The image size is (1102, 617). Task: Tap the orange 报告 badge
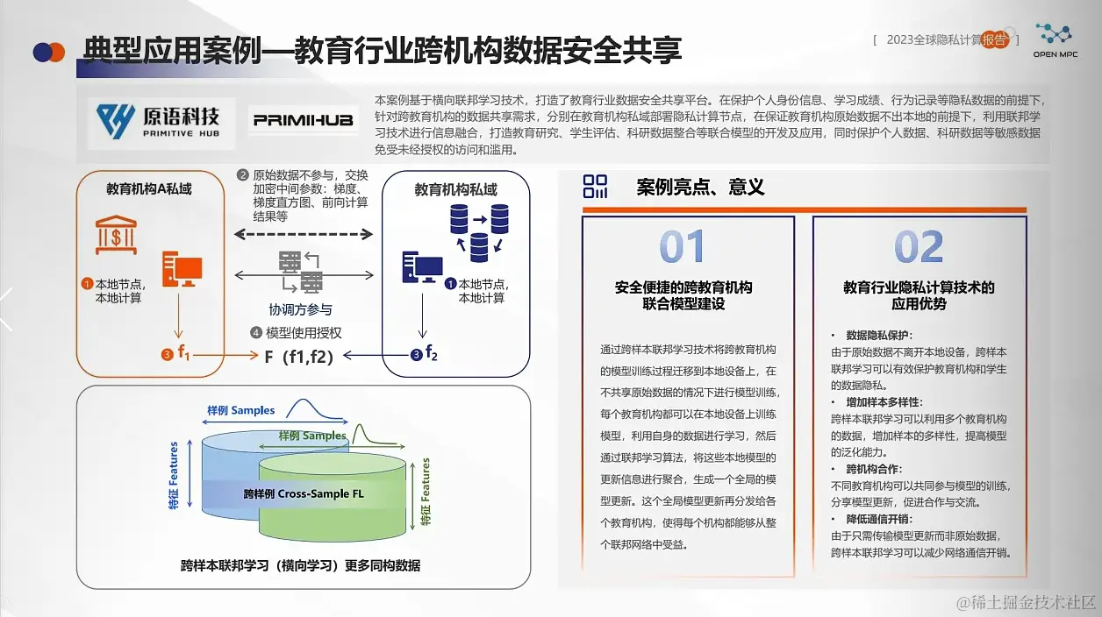(994, 39)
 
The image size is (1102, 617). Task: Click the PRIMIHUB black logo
(303, 120)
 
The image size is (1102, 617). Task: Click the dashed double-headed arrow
(304, 235)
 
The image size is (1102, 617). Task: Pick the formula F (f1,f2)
(298, 356)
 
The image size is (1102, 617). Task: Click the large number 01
(682, 248)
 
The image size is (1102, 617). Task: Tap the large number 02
(919, 248)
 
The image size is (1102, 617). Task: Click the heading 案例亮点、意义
(700, 187)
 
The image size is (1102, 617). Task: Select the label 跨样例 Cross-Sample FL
(304, 494)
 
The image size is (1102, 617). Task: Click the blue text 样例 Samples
(240, 410)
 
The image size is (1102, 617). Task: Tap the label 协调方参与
(300, 309)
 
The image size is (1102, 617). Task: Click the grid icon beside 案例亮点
(595, 186)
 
